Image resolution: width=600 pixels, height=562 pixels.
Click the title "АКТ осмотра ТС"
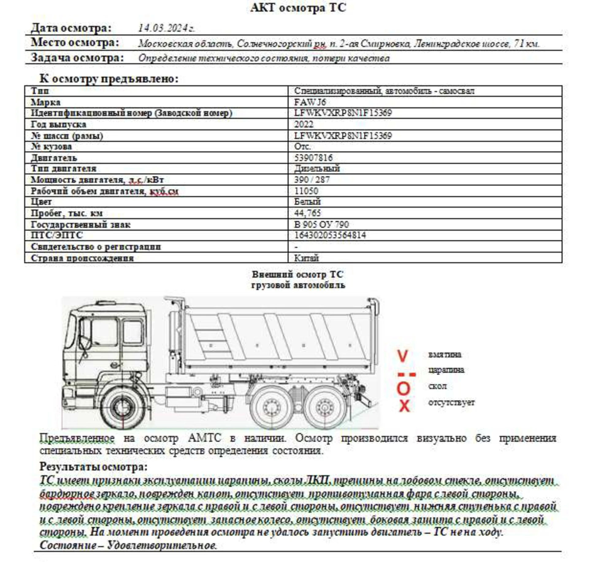[x=298, y=8]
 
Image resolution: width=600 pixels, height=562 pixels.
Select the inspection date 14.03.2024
[x=166, y=28]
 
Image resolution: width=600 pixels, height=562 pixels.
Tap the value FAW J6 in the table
[x=310, y=102]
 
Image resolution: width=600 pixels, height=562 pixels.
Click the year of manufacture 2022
[x=304, y=124]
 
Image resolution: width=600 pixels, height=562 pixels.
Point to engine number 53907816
[x=313, y=158]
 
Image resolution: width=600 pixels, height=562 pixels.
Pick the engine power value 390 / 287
[x=312, y=180]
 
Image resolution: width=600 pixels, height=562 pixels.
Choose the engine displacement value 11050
[x=306, y=191]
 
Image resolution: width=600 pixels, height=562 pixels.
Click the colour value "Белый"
[x=307, y=202]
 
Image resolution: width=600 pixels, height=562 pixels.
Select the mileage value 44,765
[x=307, y=213]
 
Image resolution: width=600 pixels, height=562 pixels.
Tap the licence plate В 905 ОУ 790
[x=321, y=224]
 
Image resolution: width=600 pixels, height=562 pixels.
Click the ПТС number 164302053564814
[x=330, y=235]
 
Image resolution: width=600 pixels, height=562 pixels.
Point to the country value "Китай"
[x=306, y=258]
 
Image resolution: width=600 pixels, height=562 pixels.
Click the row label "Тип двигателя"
[x=63, y=169]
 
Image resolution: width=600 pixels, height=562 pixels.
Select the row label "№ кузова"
[x=51, y=147]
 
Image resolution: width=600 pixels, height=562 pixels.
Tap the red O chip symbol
[x=403, y=389]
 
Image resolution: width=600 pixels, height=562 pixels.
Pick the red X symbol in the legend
[x=404, y=406]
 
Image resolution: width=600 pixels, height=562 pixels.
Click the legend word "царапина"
[x=446, y=370]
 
